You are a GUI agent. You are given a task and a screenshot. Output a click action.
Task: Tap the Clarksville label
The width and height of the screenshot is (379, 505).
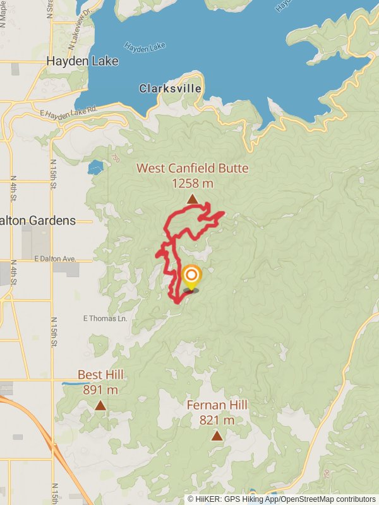(170, 88)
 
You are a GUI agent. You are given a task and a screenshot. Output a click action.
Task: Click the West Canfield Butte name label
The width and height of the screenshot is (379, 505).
(193, 169)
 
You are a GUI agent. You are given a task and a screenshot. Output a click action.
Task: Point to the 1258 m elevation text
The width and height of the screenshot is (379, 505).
(193, 183)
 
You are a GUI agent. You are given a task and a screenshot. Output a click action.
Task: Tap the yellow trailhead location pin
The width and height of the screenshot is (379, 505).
(191, 276)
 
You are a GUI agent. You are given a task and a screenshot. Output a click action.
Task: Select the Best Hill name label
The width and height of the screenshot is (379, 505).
(100, 375)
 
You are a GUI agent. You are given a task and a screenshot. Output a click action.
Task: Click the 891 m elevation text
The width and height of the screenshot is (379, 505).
(100, 389)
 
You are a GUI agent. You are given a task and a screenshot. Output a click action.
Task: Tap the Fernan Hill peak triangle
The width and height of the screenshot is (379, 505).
(217, 436)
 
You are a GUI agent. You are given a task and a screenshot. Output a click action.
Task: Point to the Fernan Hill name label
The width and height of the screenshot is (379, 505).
(217, 405)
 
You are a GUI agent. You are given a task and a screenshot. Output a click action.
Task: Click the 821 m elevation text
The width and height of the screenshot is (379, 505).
(217, 420)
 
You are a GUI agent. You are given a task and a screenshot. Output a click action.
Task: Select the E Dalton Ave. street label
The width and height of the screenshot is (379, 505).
(54, 259)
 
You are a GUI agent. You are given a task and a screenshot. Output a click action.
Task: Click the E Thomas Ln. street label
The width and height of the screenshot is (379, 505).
(106, 319)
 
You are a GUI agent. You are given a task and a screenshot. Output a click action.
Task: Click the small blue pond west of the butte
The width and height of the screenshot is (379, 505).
(95, 168)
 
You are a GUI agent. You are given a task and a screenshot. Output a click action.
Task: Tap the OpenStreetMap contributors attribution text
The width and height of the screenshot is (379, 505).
(328, 499)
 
